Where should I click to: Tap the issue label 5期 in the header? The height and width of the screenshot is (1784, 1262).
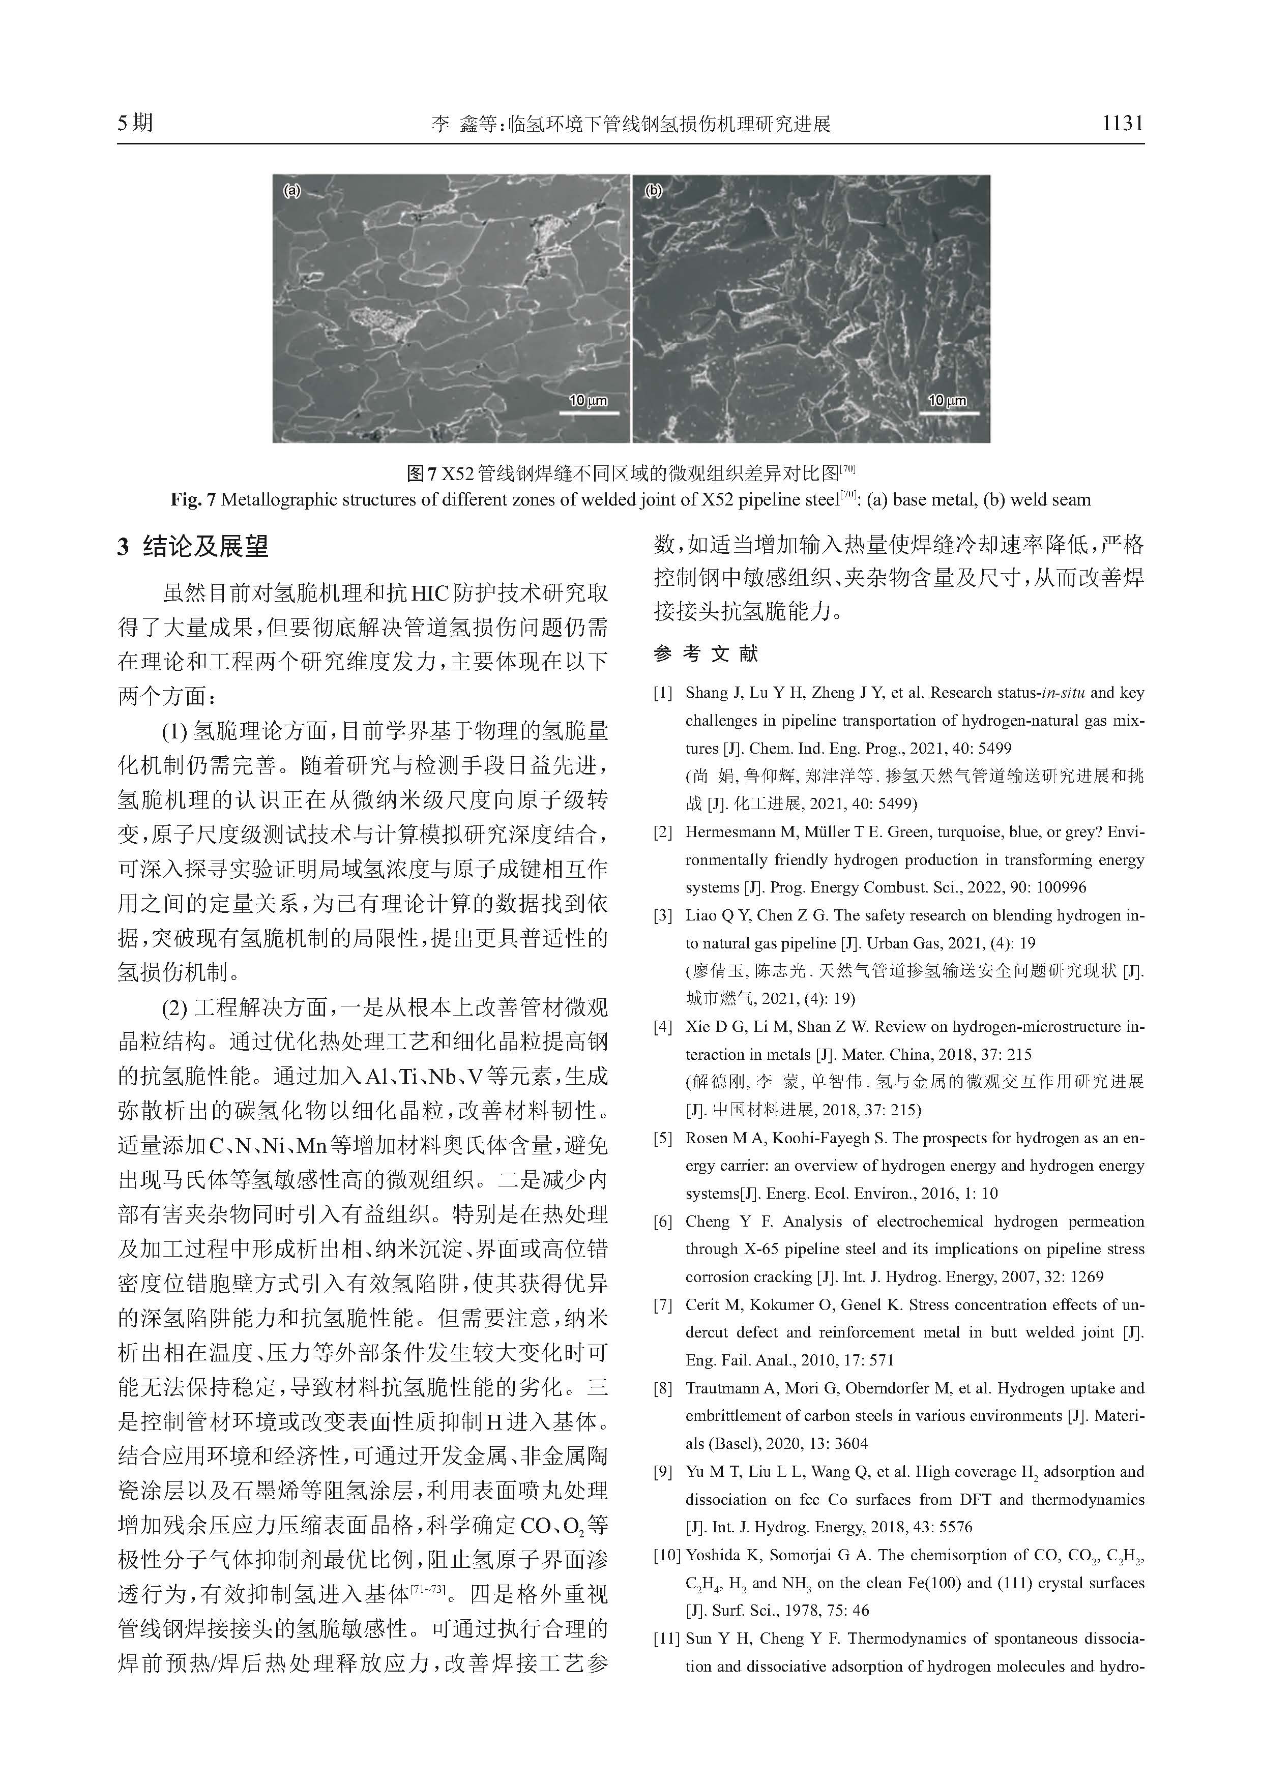coord(135,123)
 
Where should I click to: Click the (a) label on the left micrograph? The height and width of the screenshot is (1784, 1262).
coord(291,190)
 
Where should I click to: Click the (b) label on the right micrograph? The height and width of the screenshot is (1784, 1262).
coord(654,190)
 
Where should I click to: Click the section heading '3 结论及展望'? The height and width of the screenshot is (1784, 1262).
coord(193,547)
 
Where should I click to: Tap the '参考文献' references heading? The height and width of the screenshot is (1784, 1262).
coord(706,653)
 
